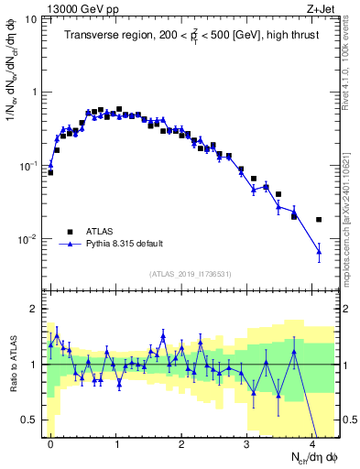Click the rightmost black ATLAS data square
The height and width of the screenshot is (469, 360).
tap(319, 220)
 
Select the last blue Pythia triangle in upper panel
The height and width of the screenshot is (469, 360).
tap(319, 250)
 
